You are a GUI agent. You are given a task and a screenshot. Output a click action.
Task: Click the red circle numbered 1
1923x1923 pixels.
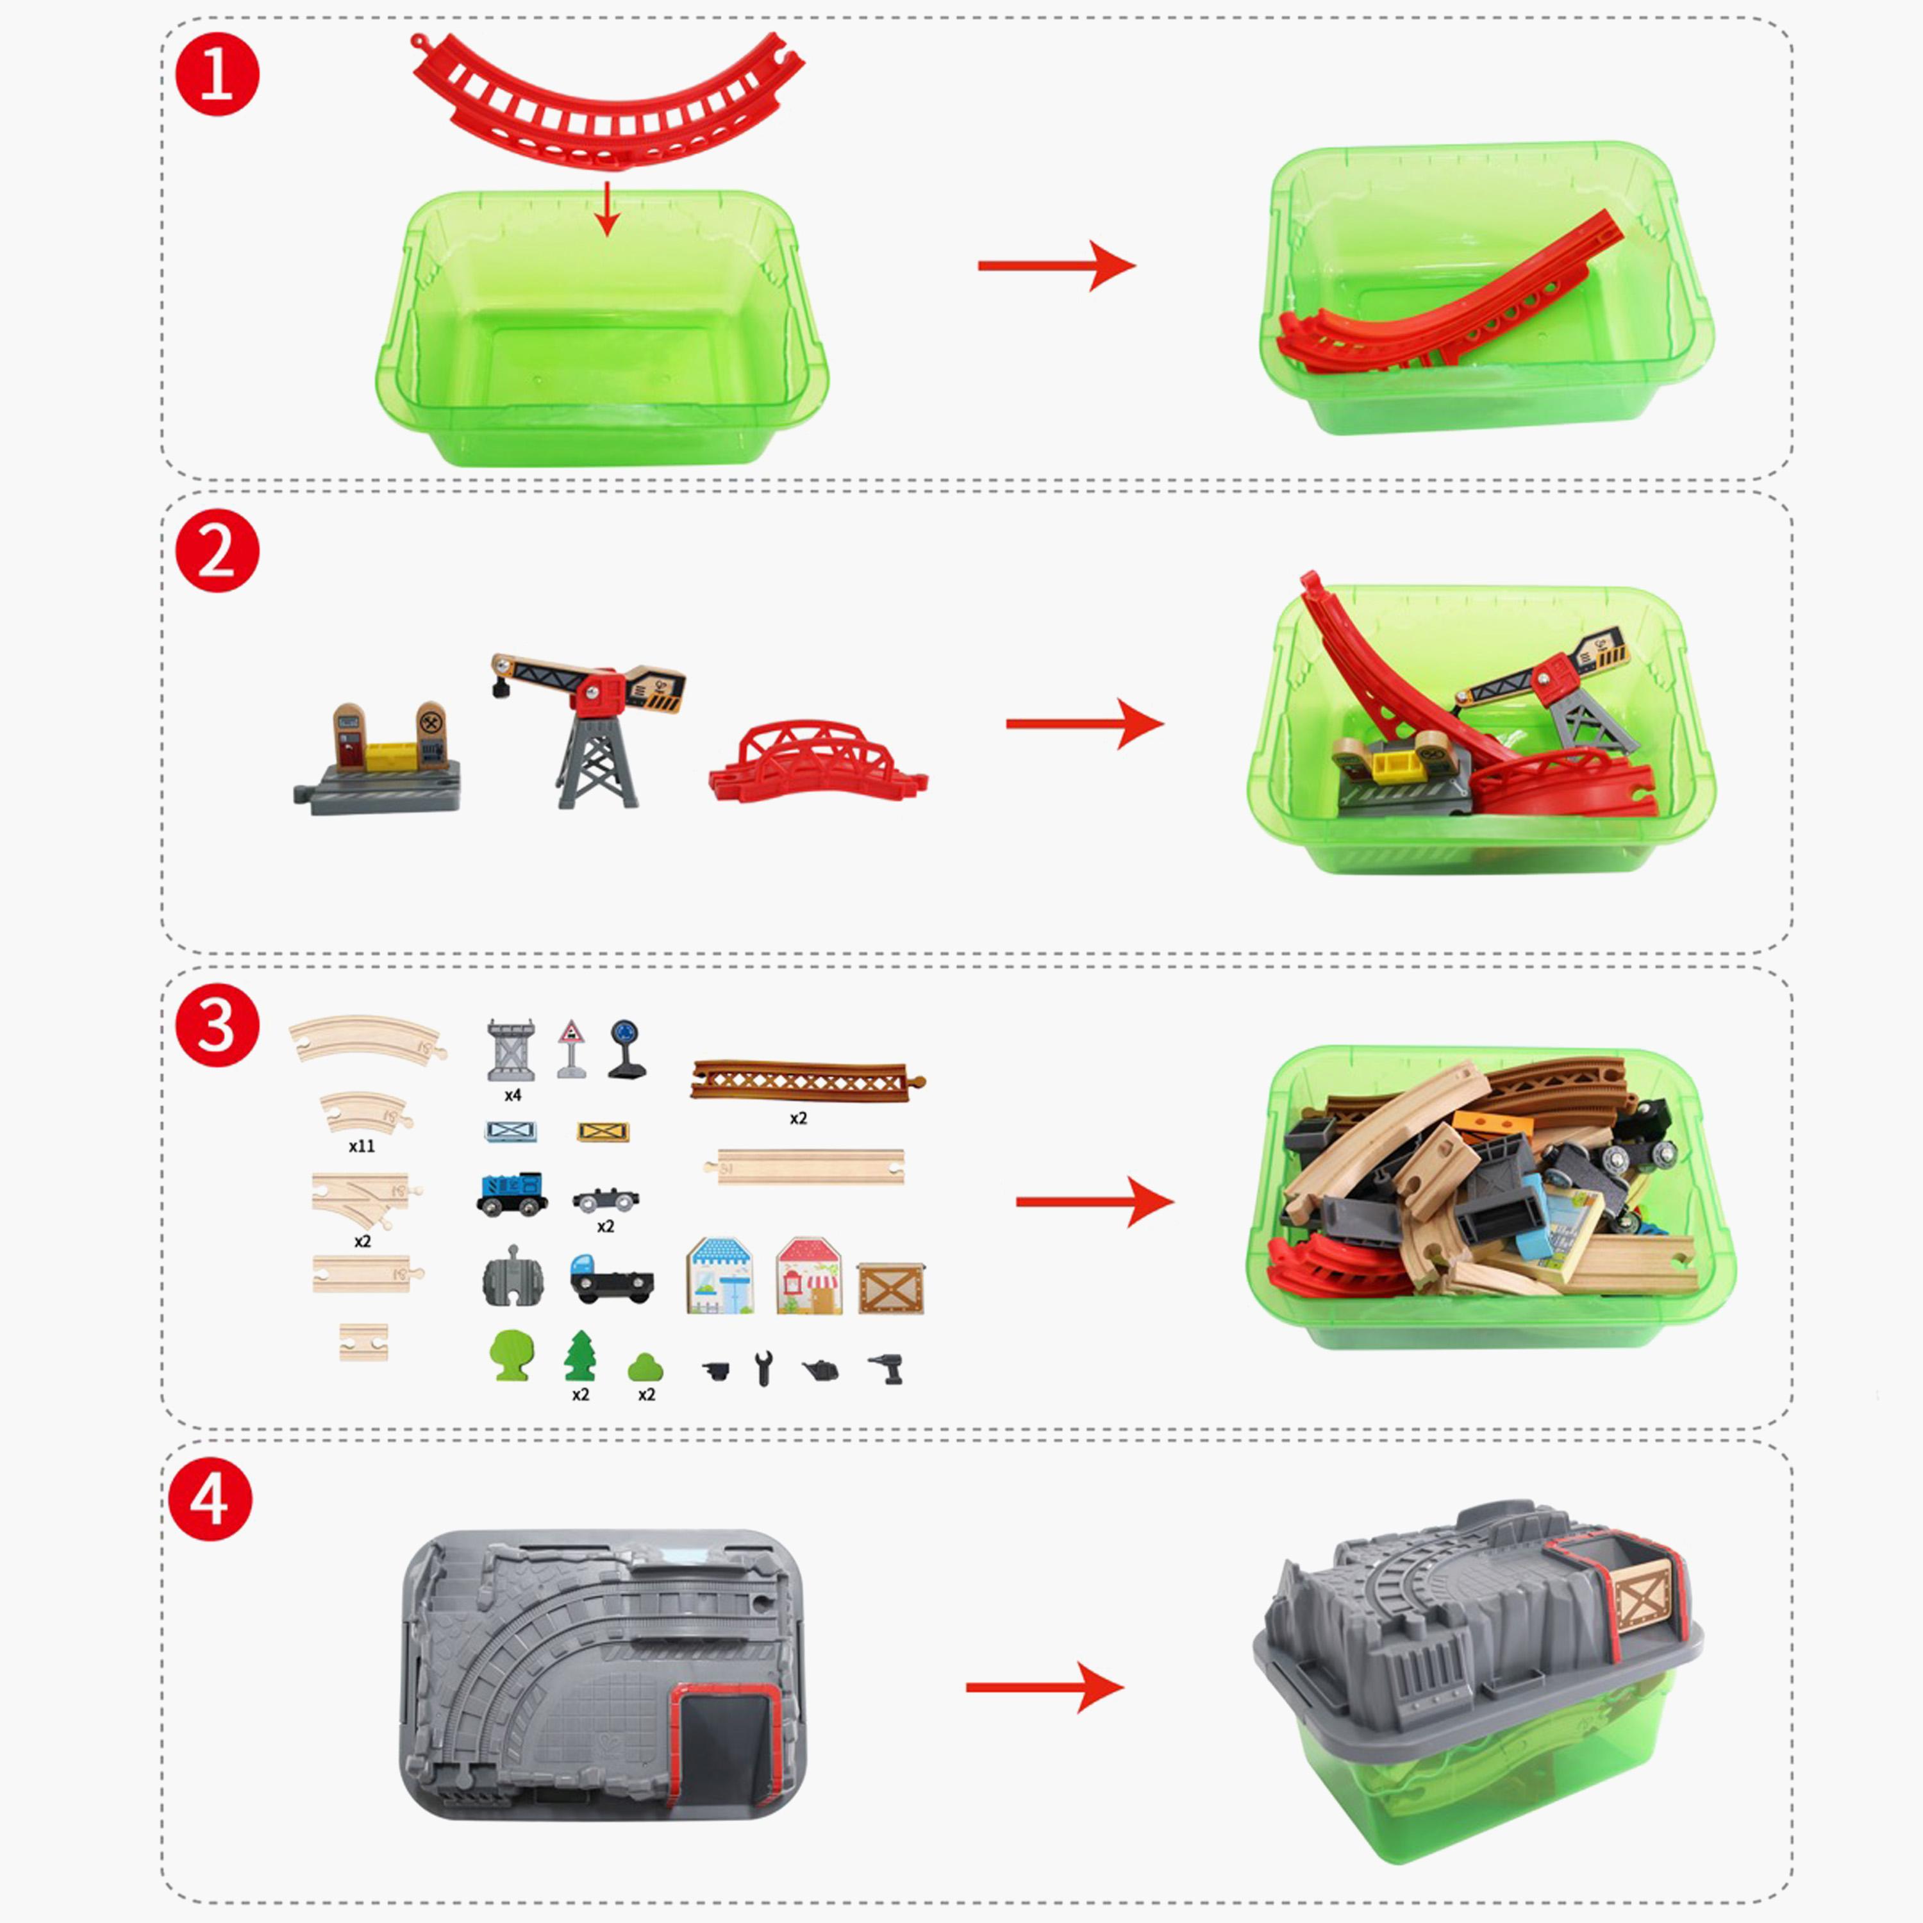tap(217, 74)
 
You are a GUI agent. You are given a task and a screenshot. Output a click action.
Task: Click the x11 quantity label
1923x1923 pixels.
tap(362, 1145)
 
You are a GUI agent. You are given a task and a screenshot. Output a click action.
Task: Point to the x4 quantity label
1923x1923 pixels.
tap(513, 1095)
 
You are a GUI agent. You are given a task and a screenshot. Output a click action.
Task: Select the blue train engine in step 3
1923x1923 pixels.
tap(512, 1192)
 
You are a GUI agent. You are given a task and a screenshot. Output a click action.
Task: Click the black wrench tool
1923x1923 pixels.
tap(763, 1369)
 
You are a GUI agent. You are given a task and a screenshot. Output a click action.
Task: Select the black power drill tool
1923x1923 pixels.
tap(887, 1369)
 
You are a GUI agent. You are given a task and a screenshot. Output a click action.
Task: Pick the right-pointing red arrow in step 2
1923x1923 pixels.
tap(1085, 724)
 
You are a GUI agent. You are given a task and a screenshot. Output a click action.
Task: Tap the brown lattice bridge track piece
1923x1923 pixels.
tap(807, 1080)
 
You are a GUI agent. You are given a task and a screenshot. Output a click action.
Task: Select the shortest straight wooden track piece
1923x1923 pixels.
tap(363, 1342)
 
